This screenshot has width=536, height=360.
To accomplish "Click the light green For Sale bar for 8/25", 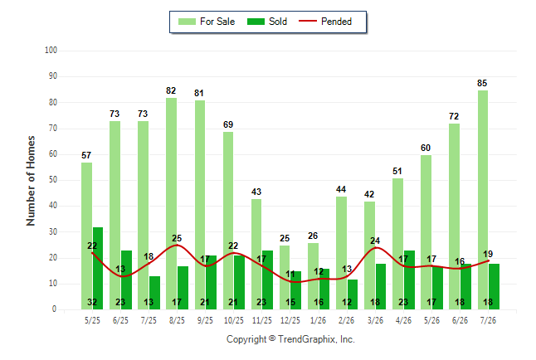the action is [x=171, y=203].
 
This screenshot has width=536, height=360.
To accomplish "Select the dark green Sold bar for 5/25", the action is [x=98, y=269].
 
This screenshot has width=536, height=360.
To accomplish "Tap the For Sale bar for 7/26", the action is [x=482, y=200].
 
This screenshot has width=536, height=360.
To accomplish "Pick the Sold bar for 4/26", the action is [x=410, y=280].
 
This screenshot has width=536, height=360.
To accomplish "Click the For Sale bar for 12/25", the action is [x=285, y=277].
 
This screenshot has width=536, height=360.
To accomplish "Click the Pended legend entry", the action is [x=325, y=22].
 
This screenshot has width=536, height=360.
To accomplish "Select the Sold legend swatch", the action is [x=256, y=22].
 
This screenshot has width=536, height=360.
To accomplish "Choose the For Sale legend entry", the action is [x=207, y=22].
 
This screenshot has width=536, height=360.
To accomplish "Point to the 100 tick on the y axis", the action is [x=51, y=51].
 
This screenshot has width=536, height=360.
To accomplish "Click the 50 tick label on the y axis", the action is [x=52, y=180].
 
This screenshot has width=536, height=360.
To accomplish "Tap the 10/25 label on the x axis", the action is [x=234, y=320].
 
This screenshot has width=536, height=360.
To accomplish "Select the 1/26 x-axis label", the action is [x=319, y=320].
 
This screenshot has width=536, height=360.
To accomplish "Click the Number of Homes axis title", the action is [x=31, y=181].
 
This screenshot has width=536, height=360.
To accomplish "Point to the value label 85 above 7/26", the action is [x=482, y=83].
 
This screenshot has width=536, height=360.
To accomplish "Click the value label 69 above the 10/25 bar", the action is [x=228, y=124].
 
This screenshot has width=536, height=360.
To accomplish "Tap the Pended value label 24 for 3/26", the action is [x=375, y=241].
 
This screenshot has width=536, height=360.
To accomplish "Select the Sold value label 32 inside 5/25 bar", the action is [x=92, y=302].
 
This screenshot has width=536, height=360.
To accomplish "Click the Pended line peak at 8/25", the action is [x=177, y=246].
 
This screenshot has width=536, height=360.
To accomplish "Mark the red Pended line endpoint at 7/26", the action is [x=488, y=260].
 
